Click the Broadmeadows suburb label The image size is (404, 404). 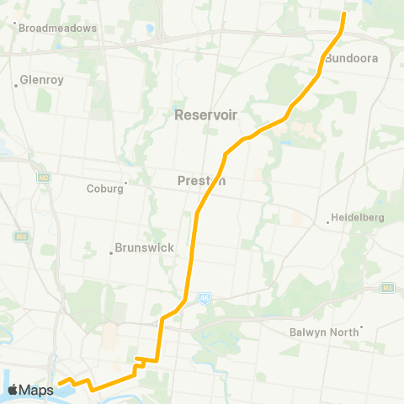click(x=58, y=28)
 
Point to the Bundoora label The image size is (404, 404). click(x=351, y=59)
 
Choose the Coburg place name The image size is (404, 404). click(x=105, y=189)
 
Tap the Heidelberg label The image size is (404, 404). click(x=356, y=217)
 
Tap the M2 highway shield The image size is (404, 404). click(x=43, y=178)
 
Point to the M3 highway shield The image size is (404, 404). click(x=388, y=288)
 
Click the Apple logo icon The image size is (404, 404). click(x=13, y=390)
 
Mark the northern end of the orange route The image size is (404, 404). click(x=344, y=14)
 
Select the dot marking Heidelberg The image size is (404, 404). click(x=328, y=223)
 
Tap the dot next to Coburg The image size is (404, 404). click(x=126, y=183)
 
